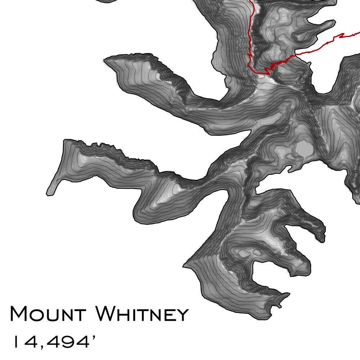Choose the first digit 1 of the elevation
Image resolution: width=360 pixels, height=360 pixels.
tap(15, 342)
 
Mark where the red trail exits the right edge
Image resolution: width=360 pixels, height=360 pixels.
tap(358, 33)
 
